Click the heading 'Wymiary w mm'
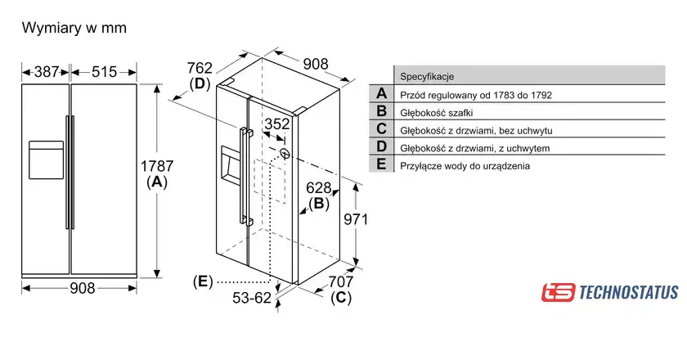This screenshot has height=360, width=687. tap(74, 28)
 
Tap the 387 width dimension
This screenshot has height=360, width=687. tap(47, 71)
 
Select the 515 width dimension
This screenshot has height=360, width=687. tap(105, 71)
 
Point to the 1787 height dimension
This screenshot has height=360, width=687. tap(157, 166)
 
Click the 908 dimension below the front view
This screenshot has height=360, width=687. tap(83, 288)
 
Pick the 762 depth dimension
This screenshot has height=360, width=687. tap(200, 68)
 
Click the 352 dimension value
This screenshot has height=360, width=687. tap(277, 124)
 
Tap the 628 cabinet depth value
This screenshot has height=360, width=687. tap(318, 187)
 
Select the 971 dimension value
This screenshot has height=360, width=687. tap(356, 219)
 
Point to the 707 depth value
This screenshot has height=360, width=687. tap(341, 281)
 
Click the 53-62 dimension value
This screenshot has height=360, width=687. tap(252, 298)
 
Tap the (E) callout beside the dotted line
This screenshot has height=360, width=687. tap(203, 281)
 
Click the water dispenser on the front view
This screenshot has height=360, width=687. tap(46, 160)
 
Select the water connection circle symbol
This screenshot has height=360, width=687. tap(285, 154)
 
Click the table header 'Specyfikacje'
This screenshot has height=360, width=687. tap(427, 77)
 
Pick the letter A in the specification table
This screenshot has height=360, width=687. tap(382, 93)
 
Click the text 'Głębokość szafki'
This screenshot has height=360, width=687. tap(437, 113)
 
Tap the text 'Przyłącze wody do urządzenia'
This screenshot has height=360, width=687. tap(465, 166)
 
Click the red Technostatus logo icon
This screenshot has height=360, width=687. tap(558, 292)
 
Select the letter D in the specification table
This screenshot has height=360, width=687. tap(382, 146)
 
